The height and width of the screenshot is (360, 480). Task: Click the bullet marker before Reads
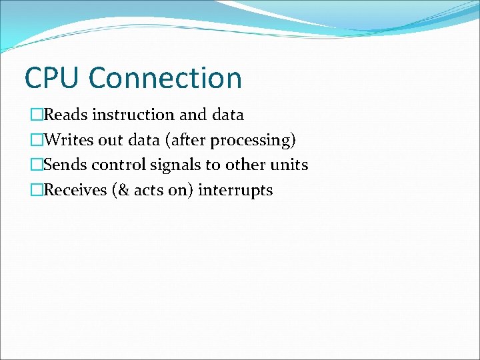36,115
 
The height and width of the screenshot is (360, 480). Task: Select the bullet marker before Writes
36,140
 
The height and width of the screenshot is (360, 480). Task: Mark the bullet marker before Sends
36,165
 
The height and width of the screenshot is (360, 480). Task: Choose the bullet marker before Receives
36,190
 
